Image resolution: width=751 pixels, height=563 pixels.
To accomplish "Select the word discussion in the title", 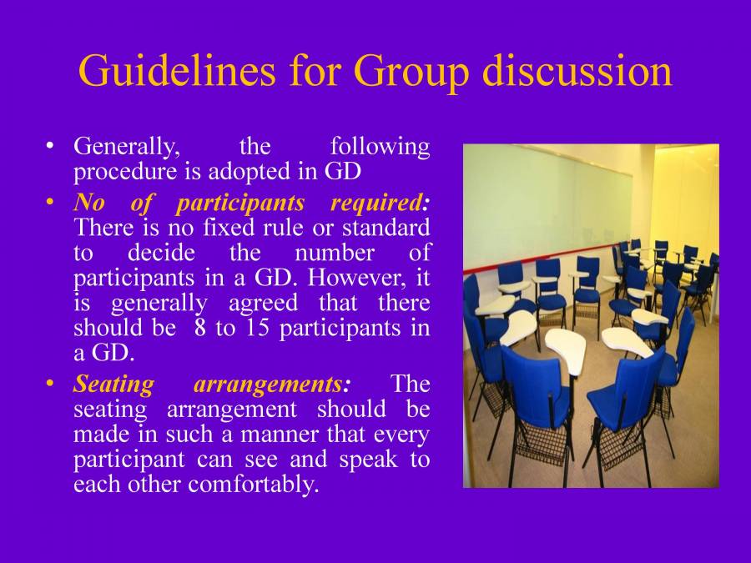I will [x=577, y=72].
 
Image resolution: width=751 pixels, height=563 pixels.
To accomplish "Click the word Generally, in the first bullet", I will [x=128, y=148].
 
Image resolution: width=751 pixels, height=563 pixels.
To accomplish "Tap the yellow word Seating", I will [x=113, y=385].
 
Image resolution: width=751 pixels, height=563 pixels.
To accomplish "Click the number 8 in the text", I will [x=200, y=328].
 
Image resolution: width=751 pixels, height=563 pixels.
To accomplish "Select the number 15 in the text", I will [x=256, y=328].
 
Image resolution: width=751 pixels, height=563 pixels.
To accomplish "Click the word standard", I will [x=392, y=227].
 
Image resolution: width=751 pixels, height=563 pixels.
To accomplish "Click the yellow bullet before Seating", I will [x=52, y=384].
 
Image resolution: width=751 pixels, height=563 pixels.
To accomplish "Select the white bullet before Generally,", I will [x=52, y=146].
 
